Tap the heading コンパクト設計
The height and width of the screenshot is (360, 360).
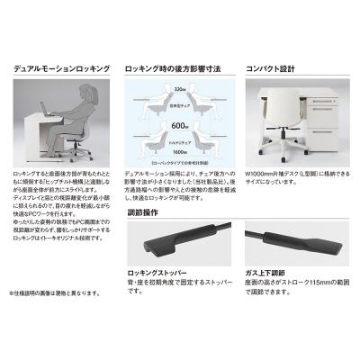click(x=275, y=67)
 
